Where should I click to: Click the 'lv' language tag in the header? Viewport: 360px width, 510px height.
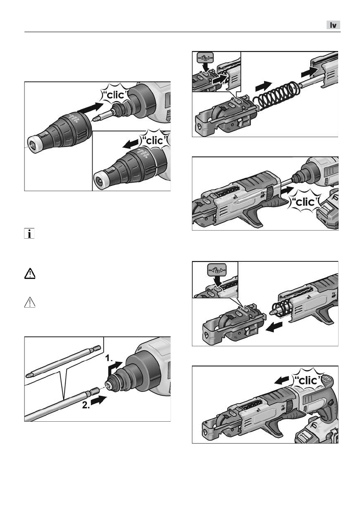point(333,25)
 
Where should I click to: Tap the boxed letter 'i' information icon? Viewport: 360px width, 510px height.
point(29,234)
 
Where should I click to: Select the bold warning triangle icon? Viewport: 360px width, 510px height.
point(30,273)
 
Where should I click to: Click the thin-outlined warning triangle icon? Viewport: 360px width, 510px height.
point(30,303)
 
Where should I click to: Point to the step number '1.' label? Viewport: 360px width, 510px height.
point(109,358)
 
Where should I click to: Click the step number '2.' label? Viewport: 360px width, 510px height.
point(86,405)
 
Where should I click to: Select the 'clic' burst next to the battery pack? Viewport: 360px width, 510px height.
point(305,202)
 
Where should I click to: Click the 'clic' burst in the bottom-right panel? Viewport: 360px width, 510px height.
point(308,380)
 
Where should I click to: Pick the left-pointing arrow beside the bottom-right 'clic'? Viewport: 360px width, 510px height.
point(281,380)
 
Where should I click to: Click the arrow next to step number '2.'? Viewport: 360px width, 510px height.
point(99,400)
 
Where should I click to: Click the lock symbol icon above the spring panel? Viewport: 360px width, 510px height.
point(205,58)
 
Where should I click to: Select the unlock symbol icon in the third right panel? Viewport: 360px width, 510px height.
point(217,270)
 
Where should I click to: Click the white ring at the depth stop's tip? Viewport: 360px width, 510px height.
point(33,144)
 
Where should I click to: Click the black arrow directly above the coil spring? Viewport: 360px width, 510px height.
point(264,86)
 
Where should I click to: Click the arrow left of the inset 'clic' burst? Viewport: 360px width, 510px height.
point(131,144)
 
